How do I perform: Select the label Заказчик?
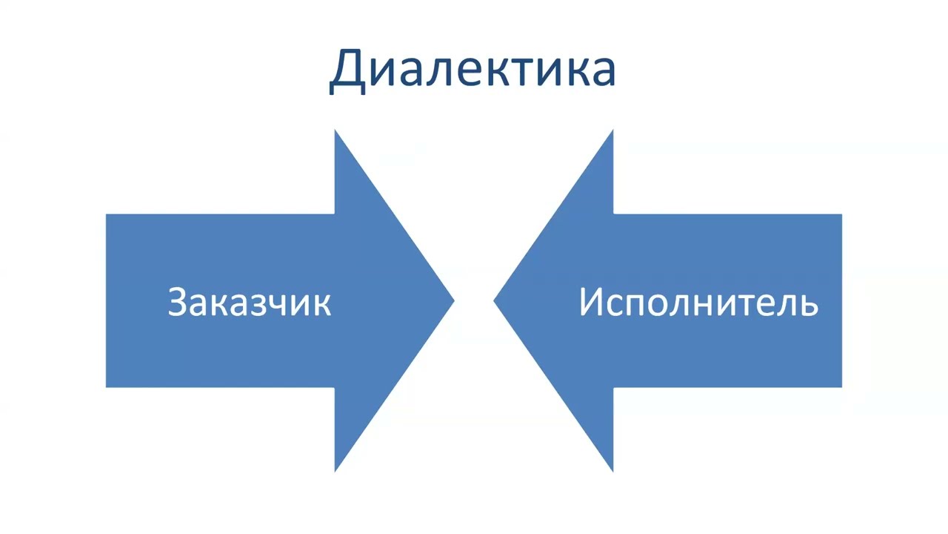click(249, 303)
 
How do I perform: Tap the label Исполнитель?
click(698, 303)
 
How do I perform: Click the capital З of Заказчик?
click(178, 303)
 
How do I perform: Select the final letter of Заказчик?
click(321, 305)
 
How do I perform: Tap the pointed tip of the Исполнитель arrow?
click(495, 300)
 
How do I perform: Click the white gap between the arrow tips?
click(474, 300)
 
